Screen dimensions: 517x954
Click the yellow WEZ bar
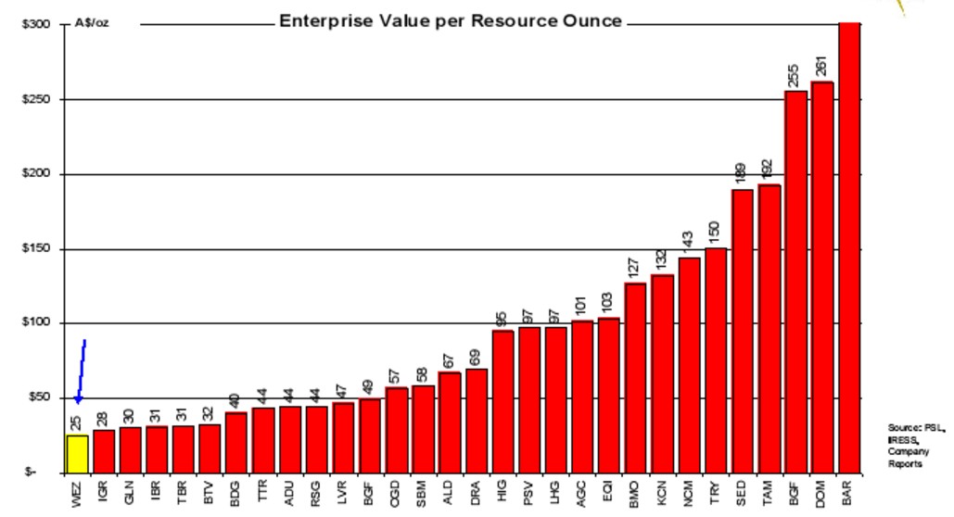(x=78, y=453)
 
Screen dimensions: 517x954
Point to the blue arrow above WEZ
(x=81, y=371)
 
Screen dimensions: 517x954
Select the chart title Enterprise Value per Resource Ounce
(x=451, y=21)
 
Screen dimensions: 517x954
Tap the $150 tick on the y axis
(x=35, y=249)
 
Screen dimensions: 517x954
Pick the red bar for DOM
(x=821, y=278)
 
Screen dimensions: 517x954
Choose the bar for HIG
(x=502, y=401)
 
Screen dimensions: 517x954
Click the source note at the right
(x=914, y=446)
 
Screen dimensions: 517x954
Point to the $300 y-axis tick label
(x=35, y=24)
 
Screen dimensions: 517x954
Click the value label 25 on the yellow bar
(x=76, y=423)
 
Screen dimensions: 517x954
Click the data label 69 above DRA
(x=476, y=357)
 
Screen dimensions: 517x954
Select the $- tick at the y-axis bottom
(x=31, y=473)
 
